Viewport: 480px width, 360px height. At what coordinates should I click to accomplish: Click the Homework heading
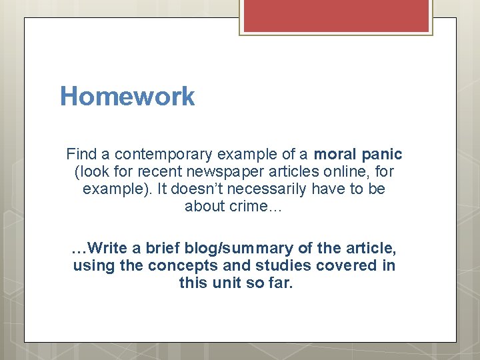click(x=127, y=97)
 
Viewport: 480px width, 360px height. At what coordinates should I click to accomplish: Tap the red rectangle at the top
click(x=336, y=15)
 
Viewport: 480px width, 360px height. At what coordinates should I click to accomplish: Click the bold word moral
click(x=336, y=155)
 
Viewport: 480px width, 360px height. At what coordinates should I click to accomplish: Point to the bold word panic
click(x=383, y=155)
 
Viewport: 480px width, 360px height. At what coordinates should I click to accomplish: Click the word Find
click(x=80, y=155)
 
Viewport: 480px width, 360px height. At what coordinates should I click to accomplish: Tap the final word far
click(x=280, y=283)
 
